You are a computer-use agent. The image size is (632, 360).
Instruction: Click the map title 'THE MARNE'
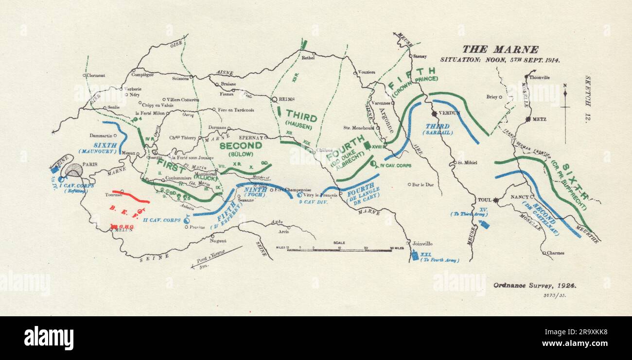500,49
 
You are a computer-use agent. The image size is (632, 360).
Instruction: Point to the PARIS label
90,165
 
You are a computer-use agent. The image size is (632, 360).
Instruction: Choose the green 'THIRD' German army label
301,118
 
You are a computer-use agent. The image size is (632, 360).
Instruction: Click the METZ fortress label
539,119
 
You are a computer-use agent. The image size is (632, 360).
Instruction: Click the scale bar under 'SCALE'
345,250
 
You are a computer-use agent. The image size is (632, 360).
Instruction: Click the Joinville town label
421,244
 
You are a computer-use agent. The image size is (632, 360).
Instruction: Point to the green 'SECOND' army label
240,145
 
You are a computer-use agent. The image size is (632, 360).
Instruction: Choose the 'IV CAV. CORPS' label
395,165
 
